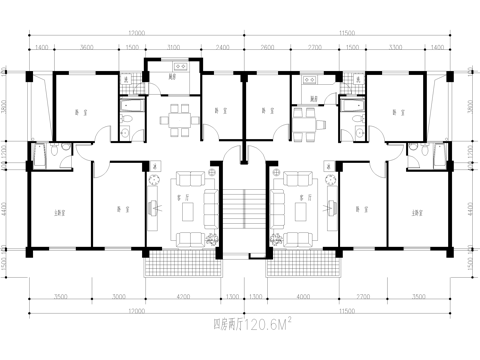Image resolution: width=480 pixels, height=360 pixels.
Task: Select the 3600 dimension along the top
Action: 86,47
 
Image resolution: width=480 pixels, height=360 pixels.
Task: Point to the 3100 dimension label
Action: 175,47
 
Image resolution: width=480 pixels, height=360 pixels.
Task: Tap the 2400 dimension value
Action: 222,47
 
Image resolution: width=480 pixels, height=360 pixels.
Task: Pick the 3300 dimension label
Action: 394,47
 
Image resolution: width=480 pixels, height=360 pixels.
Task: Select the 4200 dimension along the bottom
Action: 181,297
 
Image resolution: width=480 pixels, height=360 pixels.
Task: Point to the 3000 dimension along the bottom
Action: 119,297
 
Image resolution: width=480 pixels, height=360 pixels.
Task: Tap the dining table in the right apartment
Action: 303,116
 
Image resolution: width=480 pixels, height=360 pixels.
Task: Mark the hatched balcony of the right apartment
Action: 300,262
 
